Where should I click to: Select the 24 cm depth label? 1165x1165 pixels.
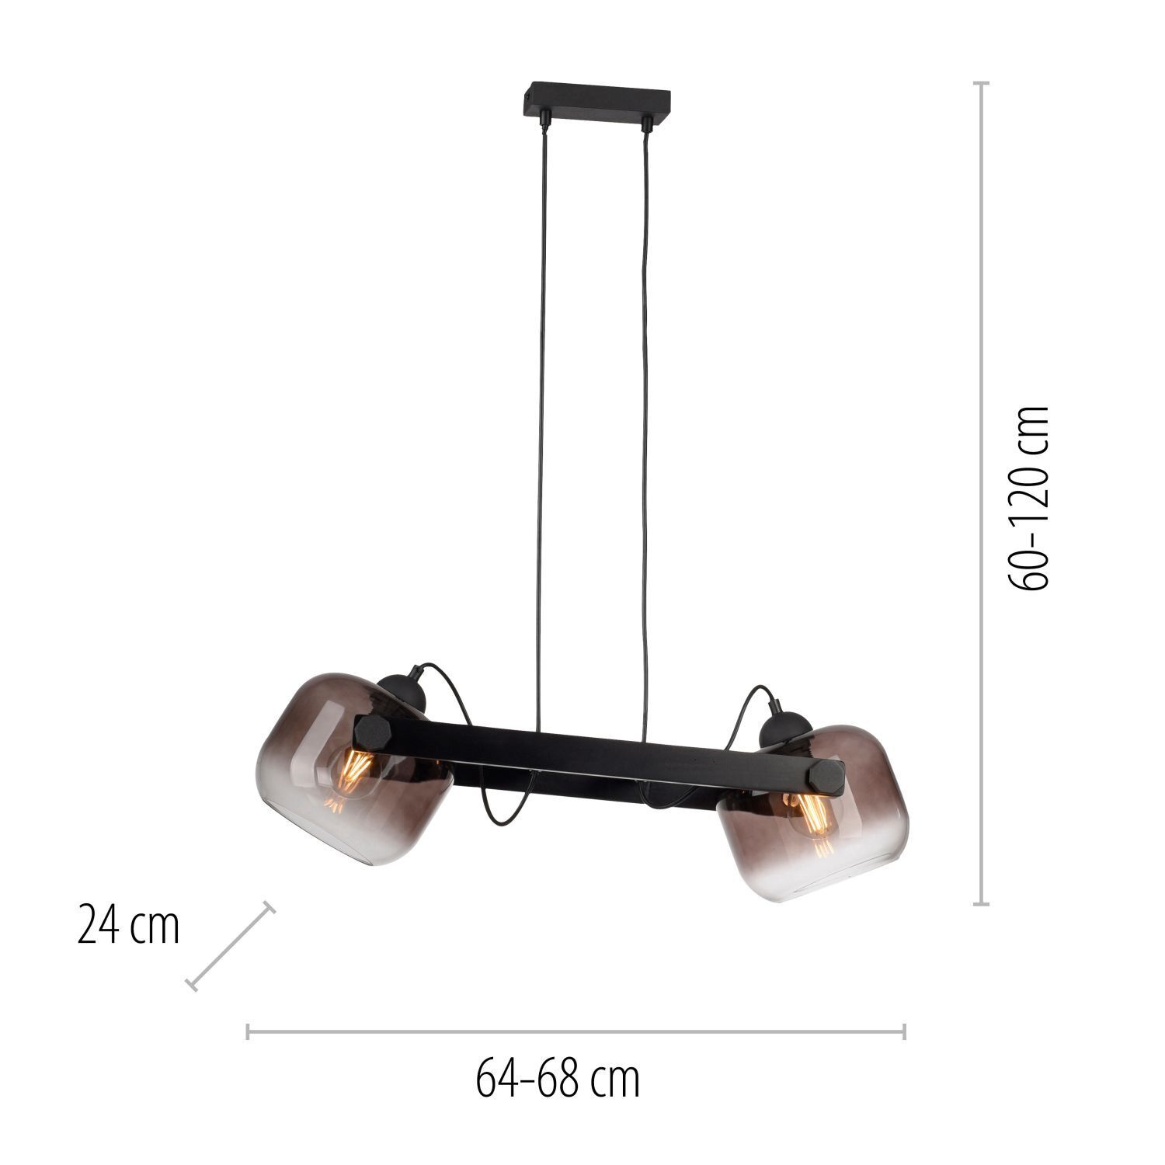[x=128, y=926]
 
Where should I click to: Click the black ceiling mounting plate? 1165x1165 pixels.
[x=595, y=101]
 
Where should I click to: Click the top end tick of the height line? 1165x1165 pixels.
[x=982, y=83]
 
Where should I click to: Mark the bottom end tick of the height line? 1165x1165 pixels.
[x=982, y=904]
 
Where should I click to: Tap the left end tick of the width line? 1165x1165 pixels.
[x=247, y=1031]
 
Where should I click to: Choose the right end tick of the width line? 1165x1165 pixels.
[x=905, y=1031]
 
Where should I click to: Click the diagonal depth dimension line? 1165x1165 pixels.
[x=231, y=946]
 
